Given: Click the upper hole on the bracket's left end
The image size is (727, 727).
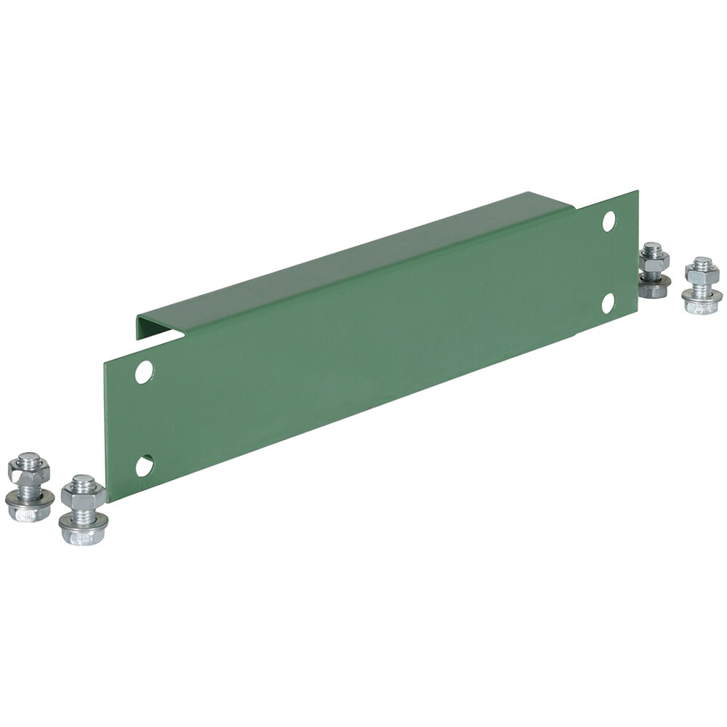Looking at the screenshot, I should [145, 371].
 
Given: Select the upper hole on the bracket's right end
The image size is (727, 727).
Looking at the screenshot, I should [609, 221].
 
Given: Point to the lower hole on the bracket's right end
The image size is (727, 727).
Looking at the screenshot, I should [608, 303].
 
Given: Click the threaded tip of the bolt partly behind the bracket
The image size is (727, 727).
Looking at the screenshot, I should [652, 247].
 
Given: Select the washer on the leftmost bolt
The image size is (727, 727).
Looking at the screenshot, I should [29, 498].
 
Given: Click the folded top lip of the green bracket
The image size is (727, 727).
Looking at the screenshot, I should [349, 254].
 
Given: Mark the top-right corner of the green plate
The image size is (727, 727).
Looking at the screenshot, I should [638, 191].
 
